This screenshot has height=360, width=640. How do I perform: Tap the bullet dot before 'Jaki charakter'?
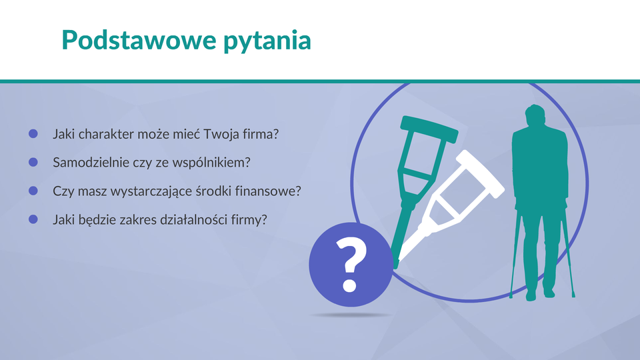point(33,133)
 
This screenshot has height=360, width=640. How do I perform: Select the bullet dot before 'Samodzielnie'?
point(33,162)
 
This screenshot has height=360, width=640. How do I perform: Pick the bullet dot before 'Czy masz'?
point(33,191)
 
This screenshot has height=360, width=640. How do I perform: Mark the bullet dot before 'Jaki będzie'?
point(33,219)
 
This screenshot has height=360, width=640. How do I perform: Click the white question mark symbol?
point(351,264)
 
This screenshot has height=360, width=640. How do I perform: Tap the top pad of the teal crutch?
point(429,129)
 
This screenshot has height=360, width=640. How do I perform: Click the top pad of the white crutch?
point(481,174)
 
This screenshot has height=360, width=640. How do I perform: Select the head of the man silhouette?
point(535,116)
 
